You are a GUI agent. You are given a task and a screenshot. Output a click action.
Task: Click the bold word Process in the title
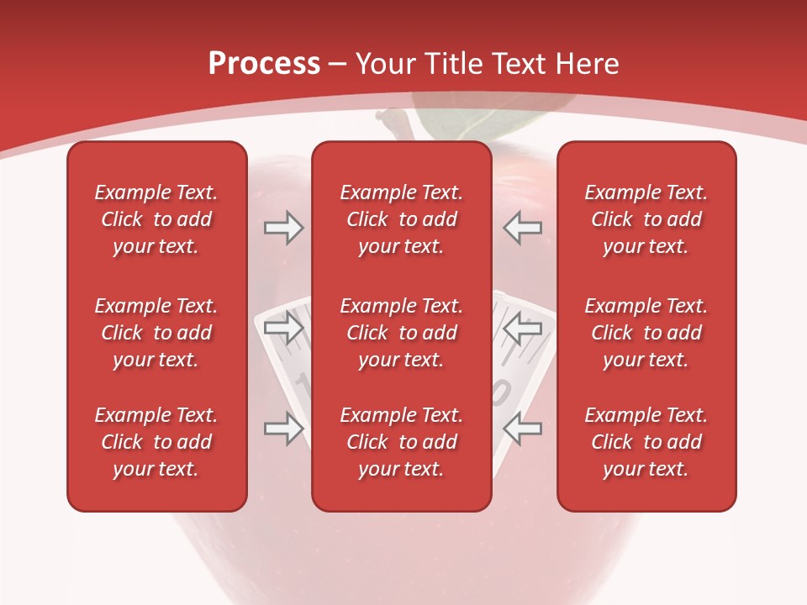pos(264,64)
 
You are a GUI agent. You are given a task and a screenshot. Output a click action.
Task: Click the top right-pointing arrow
pos(284,228)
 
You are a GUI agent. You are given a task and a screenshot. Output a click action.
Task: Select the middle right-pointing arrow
pos(284,329)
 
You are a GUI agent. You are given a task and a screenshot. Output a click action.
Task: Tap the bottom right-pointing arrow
pos(284,429)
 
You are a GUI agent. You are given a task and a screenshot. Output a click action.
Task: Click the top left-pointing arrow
pos(522,228)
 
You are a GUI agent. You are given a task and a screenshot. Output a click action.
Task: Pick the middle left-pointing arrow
pos(522,329)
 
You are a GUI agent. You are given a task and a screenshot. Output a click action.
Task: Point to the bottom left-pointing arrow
pos(522,429)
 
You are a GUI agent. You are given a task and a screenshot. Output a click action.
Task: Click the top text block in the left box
pos(156,219)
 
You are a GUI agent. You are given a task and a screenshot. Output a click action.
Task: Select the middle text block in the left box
pos(156,333)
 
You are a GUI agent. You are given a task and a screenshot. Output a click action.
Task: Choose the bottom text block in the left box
pos(156,442)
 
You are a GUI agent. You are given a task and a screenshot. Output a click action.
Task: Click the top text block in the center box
pos(401,219)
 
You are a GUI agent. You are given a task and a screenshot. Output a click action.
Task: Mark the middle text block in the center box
pos(401,333)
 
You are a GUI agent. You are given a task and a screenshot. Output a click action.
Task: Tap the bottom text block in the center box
pos(401,442)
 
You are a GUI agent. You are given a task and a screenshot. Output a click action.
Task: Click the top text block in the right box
pos(646,219)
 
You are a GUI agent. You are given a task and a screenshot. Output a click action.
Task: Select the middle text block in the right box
pos(646,333)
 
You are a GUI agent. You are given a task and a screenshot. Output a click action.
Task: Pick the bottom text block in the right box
pos(646,442)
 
